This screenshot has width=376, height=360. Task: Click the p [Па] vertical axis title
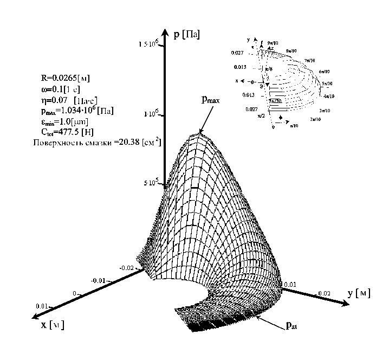(x=186, y=35)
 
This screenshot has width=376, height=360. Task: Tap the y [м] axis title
(x=358, y=293)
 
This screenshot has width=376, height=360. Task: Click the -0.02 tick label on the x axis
(x=126, y=267)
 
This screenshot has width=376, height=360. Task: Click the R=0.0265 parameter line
(x=66, y=78)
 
